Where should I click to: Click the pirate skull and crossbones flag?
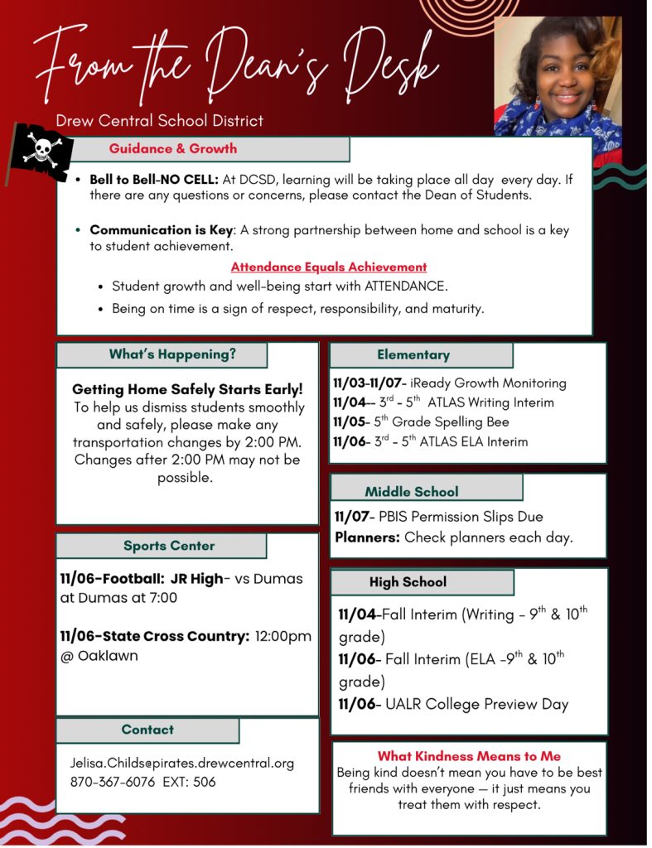coord(39,152)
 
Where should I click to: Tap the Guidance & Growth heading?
coord(173,149)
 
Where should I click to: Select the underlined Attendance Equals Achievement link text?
coord(329,267)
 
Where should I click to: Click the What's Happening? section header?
coord(172,354)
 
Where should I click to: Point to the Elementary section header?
coord(413,354)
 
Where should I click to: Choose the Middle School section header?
coord(411,491)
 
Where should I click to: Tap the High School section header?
coord(408,582)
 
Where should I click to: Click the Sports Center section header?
coord(169,546)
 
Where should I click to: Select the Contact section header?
coord(147,730)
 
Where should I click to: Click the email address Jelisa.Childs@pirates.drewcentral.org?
coord(182,763)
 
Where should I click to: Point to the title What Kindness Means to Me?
coord(469,755)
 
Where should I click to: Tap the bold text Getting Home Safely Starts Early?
coord(187,388)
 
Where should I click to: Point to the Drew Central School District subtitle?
coord(160,121)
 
